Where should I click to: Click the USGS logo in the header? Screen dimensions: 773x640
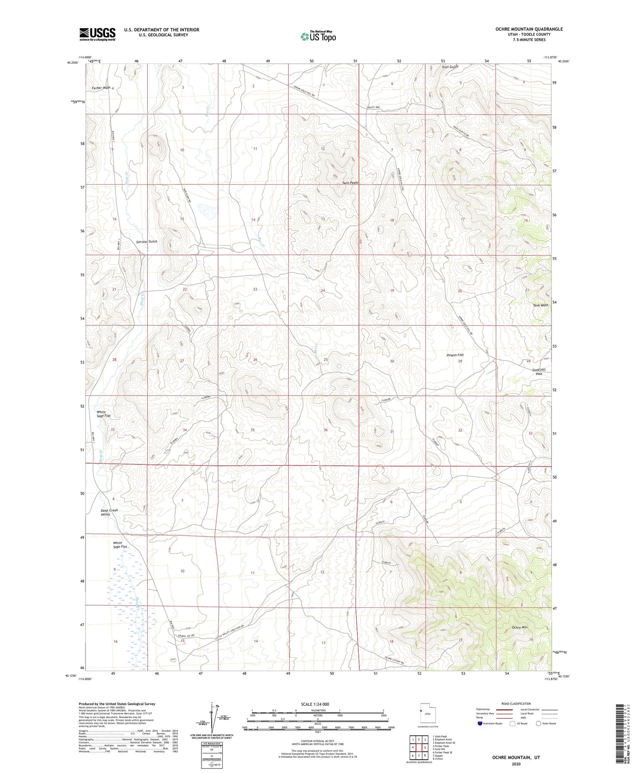[x=97, y=34]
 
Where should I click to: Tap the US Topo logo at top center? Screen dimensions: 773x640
[x=318, y=36]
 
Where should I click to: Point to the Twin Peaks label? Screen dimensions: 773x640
[x=350, y=182]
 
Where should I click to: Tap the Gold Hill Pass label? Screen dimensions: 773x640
[x=539, y=371]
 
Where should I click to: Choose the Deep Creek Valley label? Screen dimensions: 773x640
[x=109, y=512]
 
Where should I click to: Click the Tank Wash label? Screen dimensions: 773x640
[x=540, y=305]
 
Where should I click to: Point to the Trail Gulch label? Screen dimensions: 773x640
[x=450, y=67]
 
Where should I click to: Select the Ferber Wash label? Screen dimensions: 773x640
[x=101, y=88]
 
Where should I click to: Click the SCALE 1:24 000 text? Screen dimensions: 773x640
[x=318, y=704]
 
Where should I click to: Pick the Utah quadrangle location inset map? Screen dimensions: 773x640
[x=423, y=714]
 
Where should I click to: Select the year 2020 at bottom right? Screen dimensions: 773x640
[x=516, y=764]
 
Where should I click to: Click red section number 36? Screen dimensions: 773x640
[x=326, y=430]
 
